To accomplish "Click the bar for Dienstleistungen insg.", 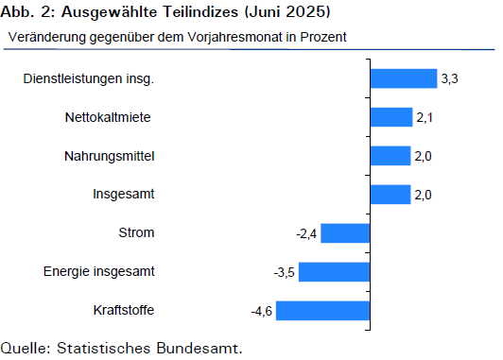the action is [x=404, y=78].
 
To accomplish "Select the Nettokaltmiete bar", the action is [x=391, y=117].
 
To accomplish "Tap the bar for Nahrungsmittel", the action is [x=390, y=156].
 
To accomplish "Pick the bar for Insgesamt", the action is [x=390, y=195].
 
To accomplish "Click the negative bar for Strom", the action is [x=345, y=233].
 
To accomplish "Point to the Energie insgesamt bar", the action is [x=335, y=272].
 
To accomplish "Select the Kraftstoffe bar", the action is [x=323, y=311].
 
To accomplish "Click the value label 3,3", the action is [x=449, y=78].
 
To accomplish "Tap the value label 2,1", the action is [x=425, y=118].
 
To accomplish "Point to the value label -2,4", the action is [x=306, y=234].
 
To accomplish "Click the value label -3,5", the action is [x=285, y=273].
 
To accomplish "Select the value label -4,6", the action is [x=262, y=311].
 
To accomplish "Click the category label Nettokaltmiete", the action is [x=108, y=117].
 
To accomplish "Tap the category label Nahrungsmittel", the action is [x=110, y=156].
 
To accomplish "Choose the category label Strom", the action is [x=136, y=232].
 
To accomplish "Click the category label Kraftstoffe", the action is [x=124, y=310].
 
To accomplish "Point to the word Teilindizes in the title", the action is [x=200, y=12].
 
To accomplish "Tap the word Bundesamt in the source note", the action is [x=199, y=348].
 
